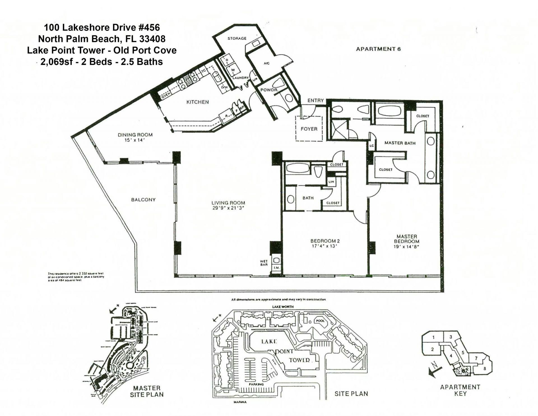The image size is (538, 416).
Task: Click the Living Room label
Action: pyautogui.click(x=228, y=203)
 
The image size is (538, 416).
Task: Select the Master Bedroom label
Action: pyautogui.click(x=407, y=239)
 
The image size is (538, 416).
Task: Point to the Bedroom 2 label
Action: pyautogui.click(x=325, y=241)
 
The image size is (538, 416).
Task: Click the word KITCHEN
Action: pyautogui.click(x=198, y=102)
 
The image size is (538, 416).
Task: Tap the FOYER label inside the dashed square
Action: pyautogui.click(x=309, y=129)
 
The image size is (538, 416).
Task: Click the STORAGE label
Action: pyautogui.click(x=237, y=38)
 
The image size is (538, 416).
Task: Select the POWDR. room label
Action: pyautogui.click(x=269, y=90)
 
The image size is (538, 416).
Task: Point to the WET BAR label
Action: pyautogui.click(x=264, y=263)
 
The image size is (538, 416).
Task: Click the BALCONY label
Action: pyautogui.click(x=143, y=200)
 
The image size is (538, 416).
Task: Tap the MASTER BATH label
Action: pyautogui.click(x=400, y=143)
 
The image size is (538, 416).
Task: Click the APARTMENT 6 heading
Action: pyautogui.click(x=378, y=49)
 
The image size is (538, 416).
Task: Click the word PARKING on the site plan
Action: pyautogui.click(x=256, y=384)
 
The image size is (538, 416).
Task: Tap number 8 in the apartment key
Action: pyautogui.click(x=484, y=369)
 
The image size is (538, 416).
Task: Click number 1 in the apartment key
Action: pyautogui.click(x=433, y=338)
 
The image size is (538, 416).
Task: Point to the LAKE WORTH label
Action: pyautogui.click(x=283, y=307)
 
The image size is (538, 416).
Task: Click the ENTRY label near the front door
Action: pyautogui.click(x=315, y=100)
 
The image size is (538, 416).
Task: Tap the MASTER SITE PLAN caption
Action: pyautogui.click(x=147, y=391)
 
